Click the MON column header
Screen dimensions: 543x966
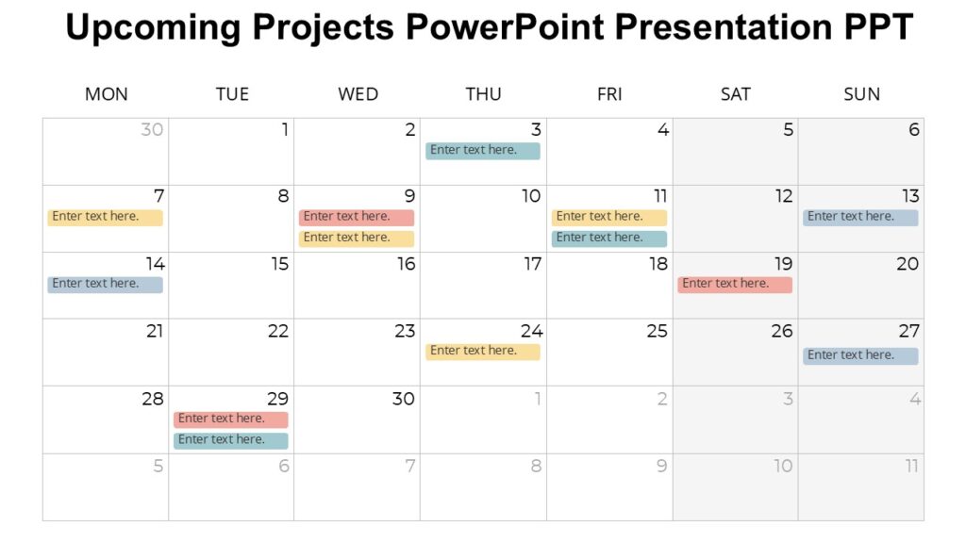tap(106, 94)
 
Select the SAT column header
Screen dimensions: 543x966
tap(735, 94)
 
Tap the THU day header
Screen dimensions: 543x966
tap(483, 94)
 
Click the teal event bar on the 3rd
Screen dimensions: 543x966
tap(483, 150)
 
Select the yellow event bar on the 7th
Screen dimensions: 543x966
tap(105, 217)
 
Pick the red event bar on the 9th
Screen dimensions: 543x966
tap(357, 217)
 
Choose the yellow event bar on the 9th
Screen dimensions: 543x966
tap(357, 239)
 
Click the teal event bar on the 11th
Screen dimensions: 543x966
tap(608, 239)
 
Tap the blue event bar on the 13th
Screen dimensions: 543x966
tap(860, 217)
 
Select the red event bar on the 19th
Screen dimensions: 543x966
tap(735, 284)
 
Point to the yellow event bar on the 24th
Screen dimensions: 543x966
tap(483, 351)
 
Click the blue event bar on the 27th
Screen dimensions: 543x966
tap(860, 355)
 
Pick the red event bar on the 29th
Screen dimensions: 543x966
tap(231, 419)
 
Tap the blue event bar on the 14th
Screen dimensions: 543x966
tap(105, 284)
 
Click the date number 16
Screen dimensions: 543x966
tap(406, 264)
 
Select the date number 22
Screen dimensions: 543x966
tap(278, 331)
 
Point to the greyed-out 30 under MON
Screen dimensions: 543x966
tap(152, 130)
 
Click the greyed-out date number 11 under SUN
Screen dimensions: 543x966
tap(911, 466)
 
